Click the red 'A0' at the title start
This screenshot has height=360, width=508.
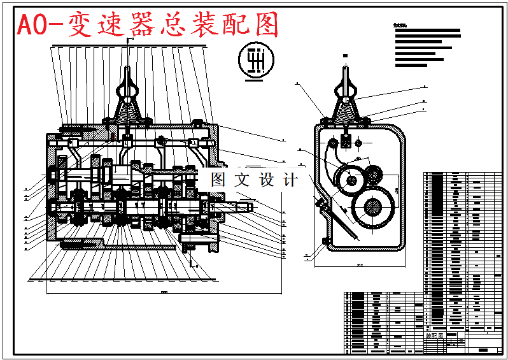(32, 25)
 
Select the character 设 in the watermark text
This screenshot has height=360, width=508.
(267, 180)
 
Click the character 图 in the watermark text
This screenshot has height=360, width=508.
(218, 180)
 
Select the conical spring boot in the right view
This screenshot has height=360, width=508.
(347, 113)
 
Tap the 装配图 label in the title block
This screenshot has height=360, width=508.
(435, 335)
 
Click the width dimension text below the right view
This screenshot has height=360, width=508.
(360, 265)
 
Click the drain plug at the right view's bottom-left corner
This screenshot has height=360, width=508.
(325, 240)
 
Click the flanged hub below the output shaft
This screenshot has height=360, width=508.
(200, 241)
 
